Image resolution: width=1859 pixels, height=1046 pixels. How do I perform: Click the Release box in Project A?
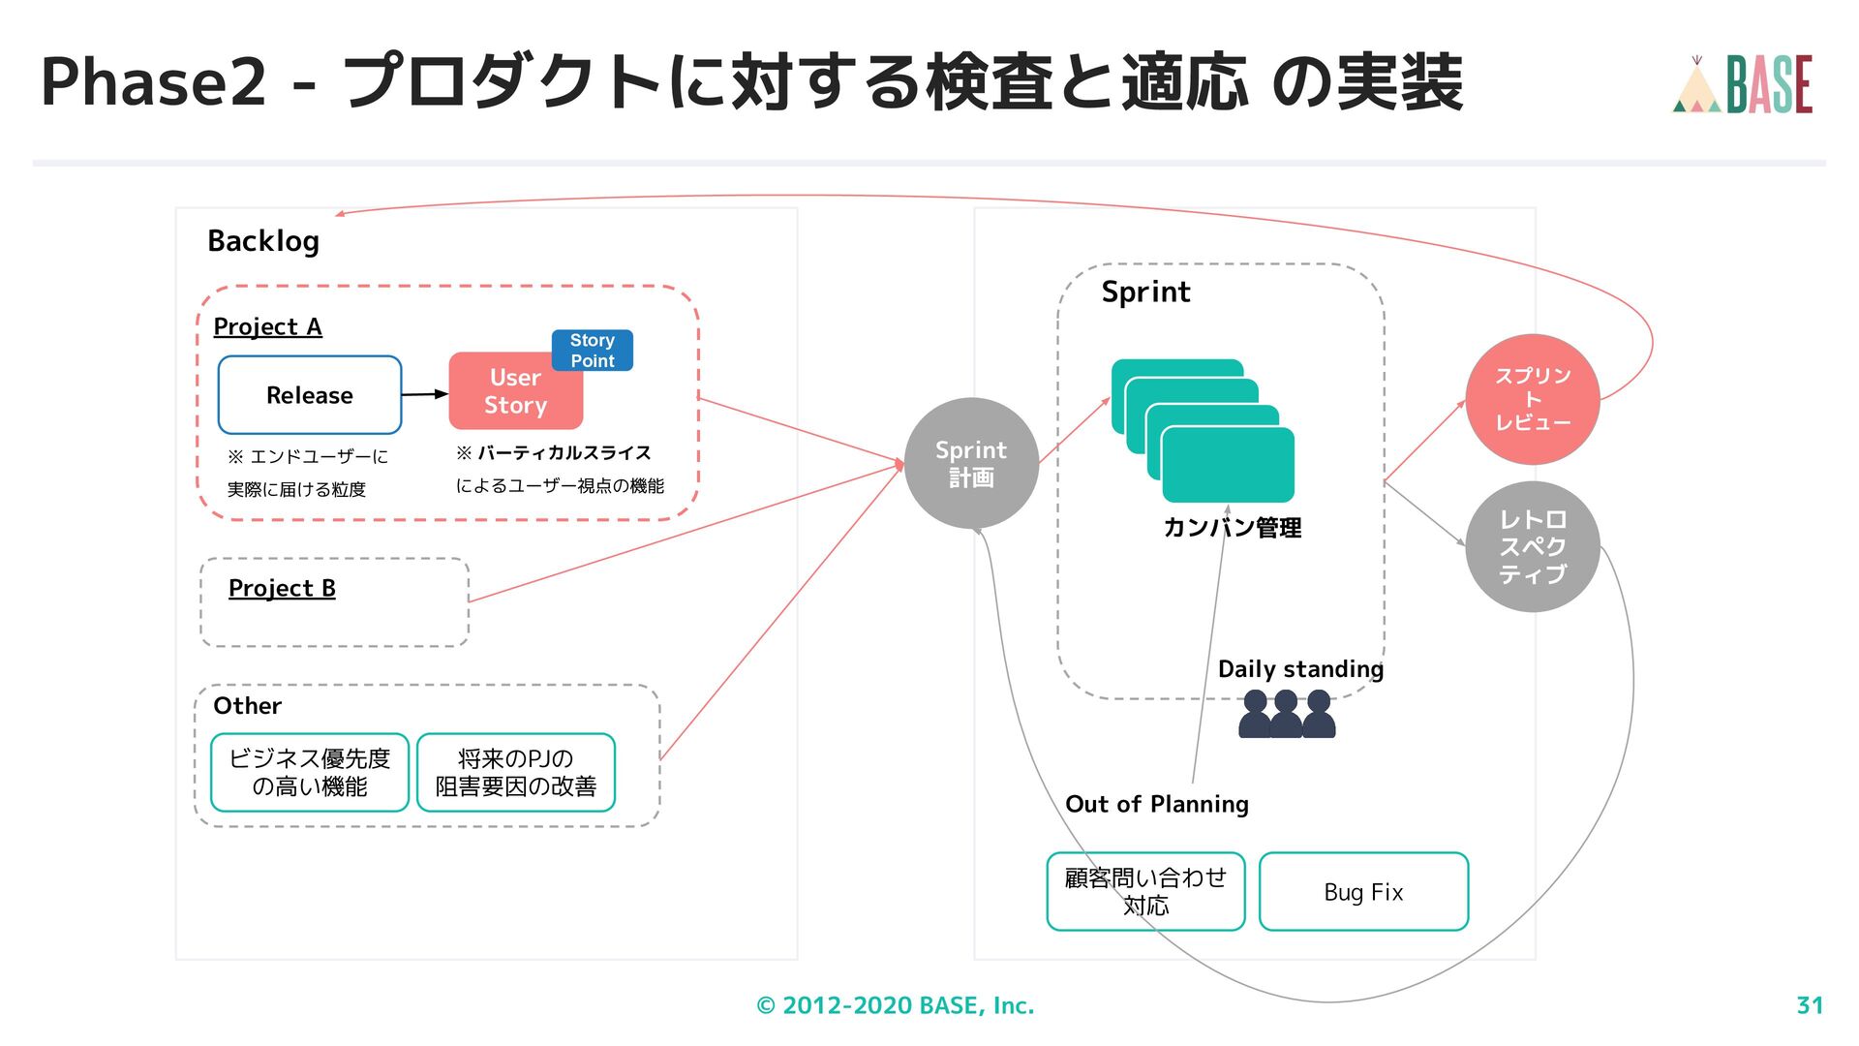(310, 395)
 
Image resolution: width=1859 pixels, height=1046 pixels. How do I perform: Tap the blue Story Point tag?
(593, 350)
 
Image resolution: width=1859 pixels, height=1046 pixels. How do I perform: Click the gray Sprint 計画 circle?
(971, 463)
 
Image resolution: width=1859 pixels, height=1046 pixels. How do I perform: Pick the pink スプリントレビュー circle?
(1533, 399)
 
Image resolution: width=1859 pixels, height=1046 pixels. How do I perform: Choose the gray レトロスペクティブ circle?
(1533, 546)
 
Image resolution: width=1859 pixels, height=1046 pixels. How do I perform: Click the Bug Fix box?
(1363, 892)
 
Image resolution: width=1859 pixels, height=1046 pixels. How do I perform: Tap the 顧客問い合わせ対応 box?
(1145, 892)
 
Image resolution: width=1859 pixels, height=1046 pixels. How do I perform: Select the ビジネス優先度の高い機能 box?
(310, 772)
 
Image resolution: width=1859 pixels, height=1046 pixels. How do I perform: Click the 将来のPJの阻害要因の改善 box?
(516, 772)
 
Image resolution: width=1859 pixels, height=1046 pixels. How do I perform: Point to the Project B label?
(282, 589)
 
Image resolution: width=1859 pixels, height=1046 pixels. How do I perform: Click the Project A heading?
(267, 327)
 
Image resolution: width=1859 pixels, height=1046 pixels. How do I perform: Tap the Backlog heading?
(263, 241)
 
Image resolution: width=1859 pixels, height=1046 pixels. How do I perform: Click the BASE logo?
(1743, 84)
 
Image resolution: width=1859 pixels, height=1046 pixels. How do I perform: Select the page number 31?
(1810, 1005)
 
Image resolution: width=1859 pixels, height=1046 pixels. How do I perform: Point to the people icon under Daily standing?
(1287, 714)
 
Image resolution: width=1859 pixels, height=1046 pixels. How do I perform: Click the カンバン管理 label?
(1232, 528)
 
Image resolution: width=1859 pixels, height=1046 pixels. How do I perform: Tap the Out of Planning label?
(1157, 804)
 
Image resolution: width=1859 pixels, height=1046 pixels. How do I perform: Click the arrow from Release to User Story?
(425, 394)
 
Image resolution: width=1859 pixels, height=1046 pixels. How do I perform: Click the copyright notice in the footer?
(896, 1005)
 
